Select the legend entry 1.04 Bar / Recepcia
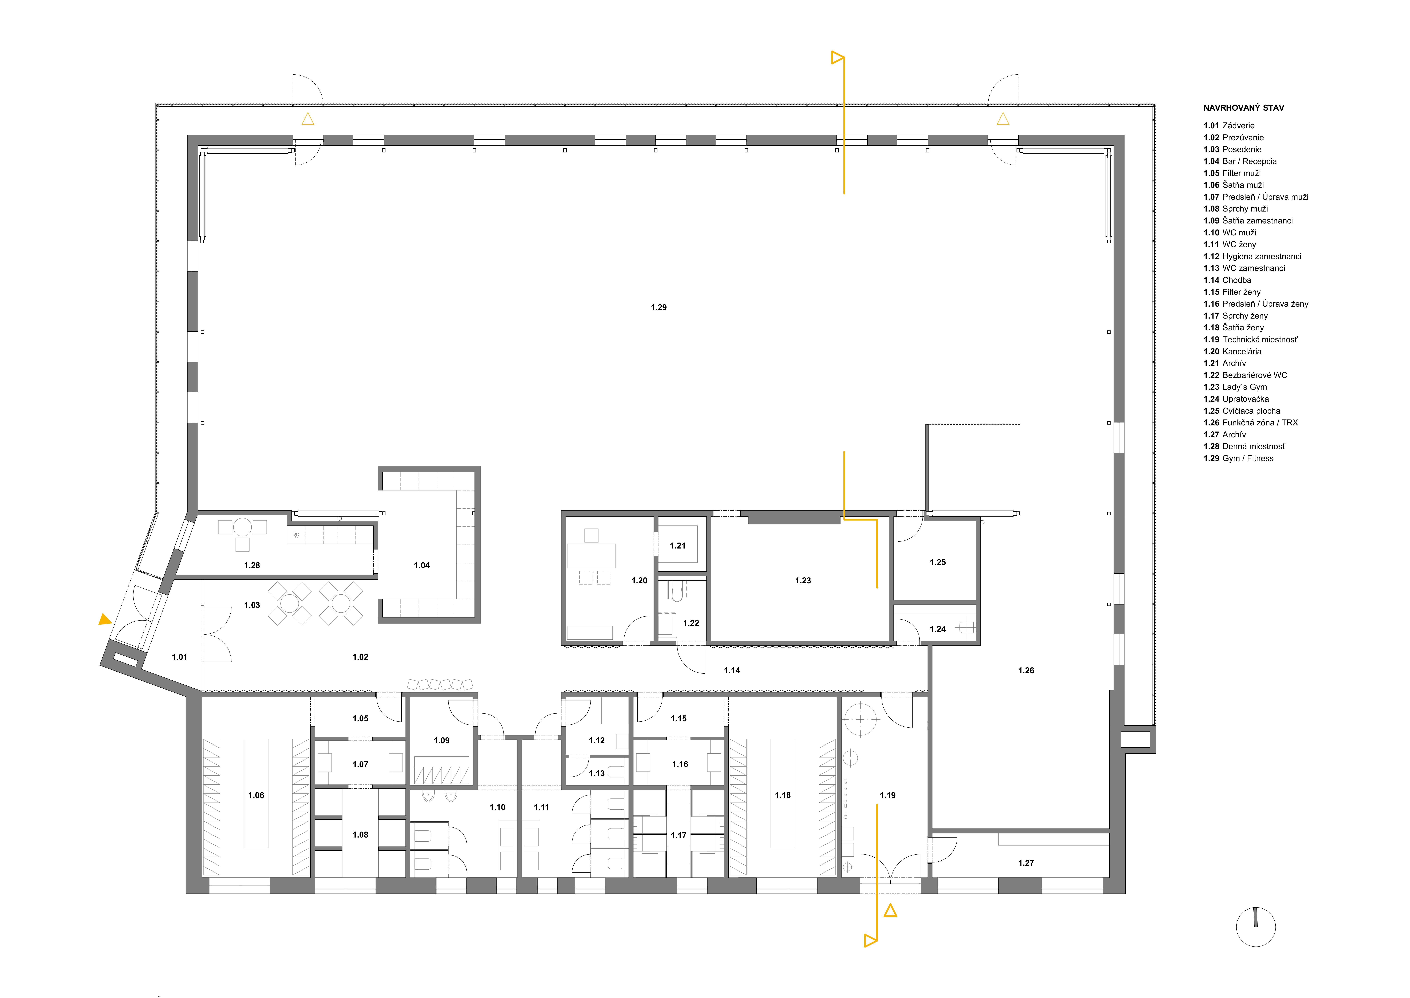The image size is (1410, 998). tap(1240, 161)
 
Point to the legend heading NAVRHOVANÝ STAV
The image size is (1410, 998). tap(1244, 108)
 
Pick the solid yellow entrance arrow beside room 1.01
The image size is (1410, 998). tap(105, 620)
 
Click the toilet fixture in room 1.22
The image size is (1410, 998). tap(677, 593)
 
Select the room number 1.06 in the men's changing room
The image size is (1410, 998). tap(256, 795)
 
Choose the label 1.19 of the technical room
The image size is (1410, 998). tap(887, 795)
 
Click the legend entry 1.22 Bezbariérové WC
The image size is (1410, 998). tap(1245, 375)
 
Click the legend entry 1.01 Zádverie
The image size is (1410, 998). tap(1229, 125)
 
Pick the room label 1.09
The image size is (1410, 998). tap(442, 741)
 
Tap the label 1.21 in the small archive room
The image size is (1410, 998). tap(677, 546)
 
